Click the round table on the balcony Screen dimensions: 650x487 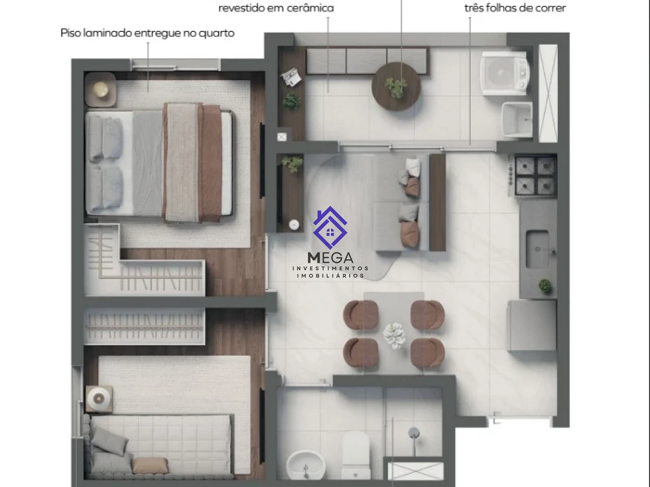(396, 87)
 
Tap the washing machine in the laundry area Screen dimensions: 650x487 (504, 74)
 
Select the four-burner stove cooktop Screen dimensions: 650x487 (534, 175)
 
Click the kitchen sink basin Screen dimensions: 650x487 (538, 249)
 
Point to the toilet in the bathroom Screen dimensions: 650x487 (356, 455)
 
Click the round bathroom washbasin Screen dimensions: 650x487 (306, 465)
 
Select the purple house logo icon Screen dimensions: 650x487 (330, 228)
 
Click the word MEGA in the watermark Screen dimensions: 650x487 (331, 258)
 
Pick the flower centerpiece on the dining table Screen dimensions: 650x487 (394, 335)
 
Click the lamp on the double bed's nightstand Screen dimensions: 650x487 (100, 89)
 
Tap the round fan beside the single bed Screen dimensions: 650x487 (99, 399)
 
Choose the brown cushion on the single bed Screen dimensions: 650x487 (150, 465)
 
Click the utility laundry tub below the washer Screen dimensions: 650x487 (517, 119)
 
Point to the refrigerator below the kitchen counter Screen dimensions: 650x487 (532, 325)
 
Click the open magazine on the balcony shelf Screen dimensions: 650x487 (291, 77)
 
